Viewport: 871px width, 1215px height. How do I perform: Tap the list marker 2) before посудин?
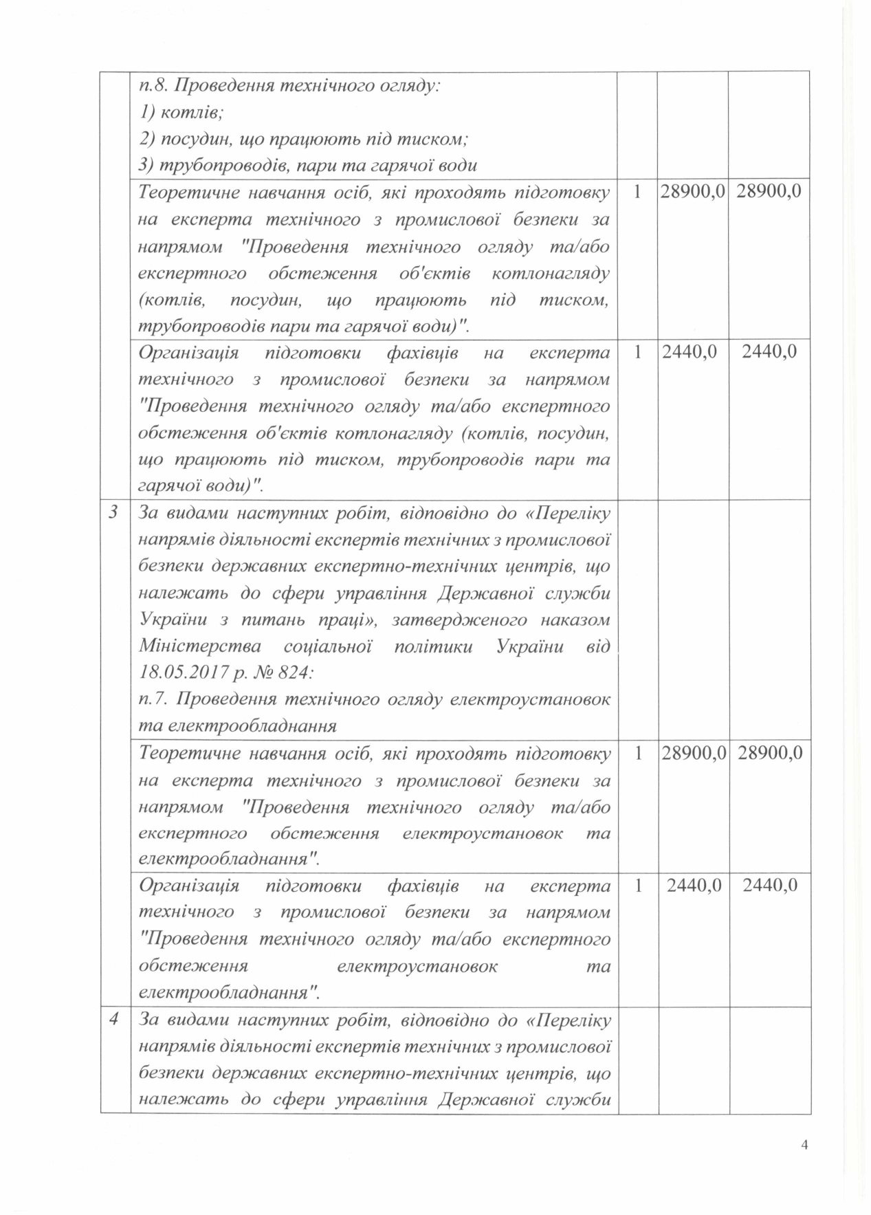pos(147,139)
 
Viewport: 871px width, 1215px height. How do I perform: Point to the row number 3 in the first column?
pos(114,513)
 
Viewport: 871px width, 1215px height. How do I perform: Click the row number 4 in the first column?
pos(114,1019)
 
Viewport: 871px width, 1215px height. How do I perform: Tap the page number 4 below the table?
pos(804,1144)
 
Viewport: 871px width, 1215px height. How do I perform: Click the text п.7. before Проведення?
pos(153,699)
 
